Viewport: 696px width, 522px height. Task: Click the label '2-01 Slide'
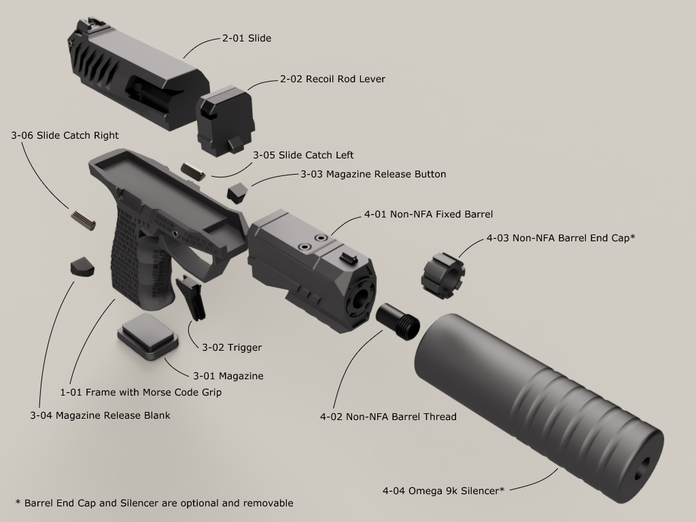[x=247, y=39]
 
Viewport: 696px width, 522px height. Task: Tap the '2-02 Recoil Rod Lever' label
[x=332, y=80]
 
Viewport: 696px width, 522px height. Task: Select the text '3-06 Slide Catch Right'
[x=65, y=136]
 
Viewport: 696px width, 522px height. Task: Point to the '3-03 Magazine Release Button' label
[x=373, y=175]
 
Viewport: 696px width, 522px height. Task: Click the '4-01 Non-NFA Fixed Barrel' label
[x=428, y=215]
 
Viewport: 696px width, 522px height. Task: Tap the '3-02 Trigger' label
[x=232, y=348]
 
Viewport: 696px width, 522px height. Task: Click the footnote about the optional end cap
[x=154, y=504]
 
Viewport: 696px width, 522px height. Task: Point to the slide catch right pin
[x=82, y=219]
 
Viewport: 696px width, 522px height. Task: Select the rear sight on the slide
[x=85, y=27]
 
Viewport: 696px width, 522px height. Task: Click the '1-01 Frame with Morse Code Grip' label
[x=141, y=393]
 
